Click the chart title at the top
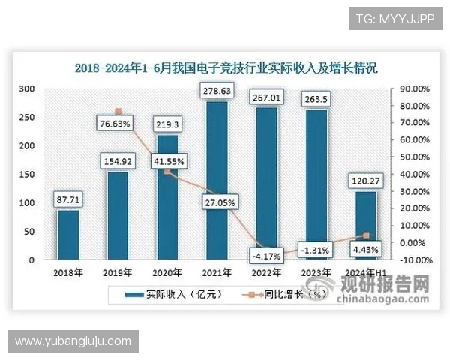(x=226, y=67)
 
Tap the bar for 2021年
(x=217, y=180)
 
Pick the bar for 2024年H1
(x=365, y=225)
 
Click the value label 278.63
(x=217, y=91)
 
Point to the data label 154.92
(x=118, y=161)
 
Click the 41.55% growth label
(x=168, y=160)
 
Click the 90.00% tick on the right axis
(x=413, y=88)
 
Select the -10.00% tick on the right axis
(x=413, y=260)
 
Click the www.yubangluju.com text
(x=73, y=341)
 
